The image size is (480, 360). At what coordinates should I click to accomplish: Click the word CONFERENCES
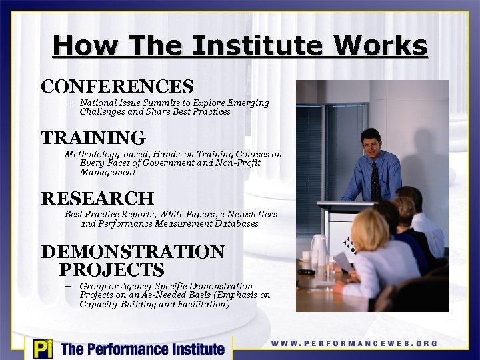click(117, 87)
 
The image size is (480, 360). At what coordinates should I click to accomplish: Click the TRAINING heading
click(93, 138)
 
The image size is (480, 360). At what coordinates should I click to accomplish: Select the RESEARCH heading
click(97, 198)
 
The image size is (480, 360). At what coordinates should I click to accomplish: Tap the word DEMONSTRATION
click(133, 252)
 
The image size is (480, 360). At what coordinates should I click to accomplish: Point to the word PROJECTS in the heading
click(111, 270)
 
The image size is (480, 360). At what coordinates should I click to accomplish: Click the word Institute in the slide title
click(251, 46)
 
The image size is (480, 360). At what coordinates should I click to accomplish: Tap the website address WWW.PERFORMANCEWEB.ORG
click(354, 343)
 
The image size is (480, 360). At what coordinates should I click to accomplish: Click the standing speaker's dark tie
click(375, 180)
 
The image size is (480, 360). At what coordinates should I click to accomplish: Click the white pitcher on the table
click(318, 249)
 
